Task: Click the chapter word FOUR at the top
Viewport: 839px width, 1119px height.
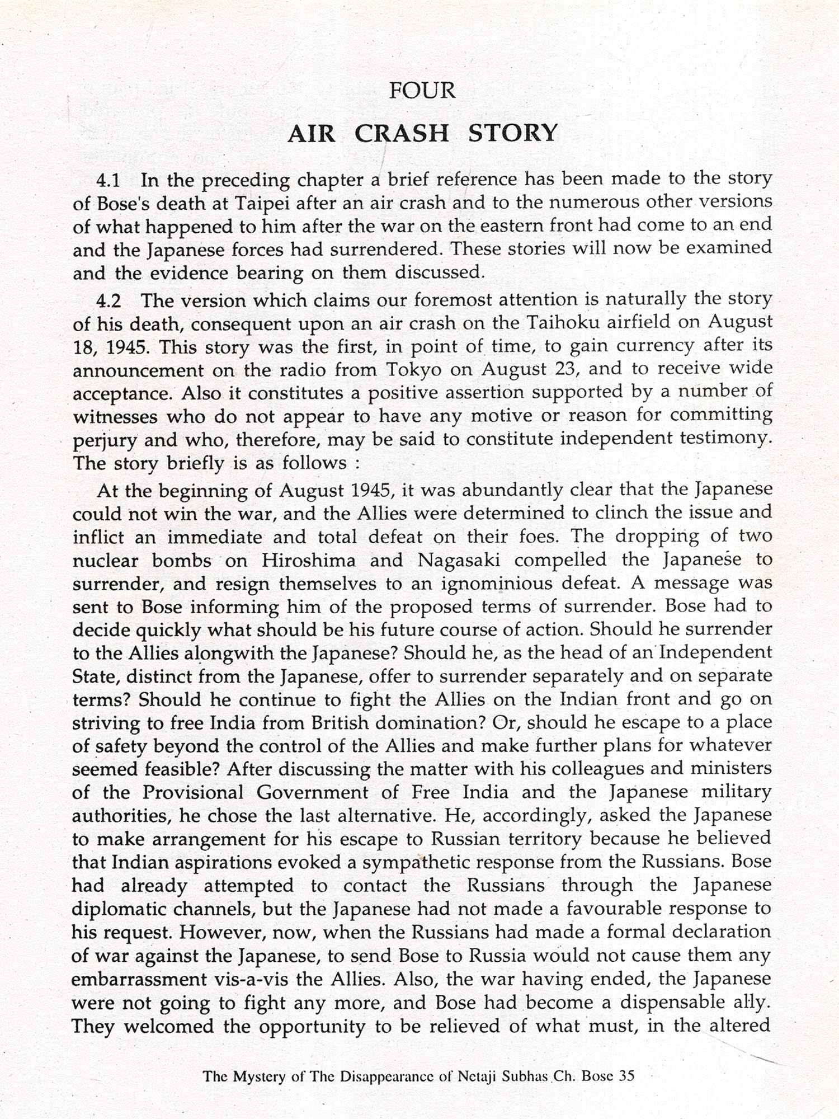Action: pos(422,91)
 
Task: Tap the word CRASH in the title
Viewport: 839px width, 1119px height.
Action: pos(402,134)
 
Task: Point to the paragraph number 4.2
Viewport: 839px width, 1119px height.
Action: pos(109,301)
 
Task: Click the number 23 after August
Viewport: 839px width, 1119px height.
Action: pos(565,369)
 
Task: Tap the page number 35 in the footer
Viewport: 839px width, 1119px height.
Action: pos(626,1076)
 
